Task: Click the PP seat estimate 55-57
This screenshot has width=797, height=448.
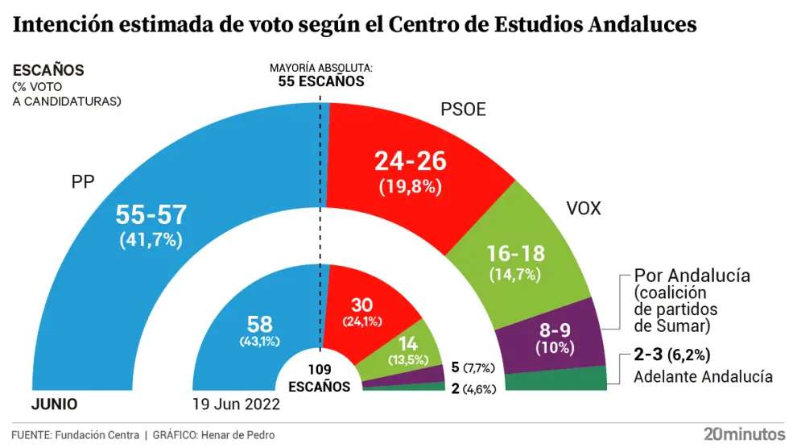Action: pyautogui.click(x=151, y=214)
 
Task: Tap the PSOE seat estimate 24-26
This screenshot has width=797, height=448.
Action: pyautogui.click(x=410, y=162)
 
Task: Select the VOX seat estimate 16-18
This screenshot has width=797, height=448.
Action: pyautogui.click(x=516, y=254)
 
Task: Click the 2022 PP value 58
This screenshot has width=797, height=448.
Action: pyautogui.click(x=258, y=323)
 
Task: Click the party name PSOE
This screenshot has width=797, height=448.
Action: pyautogui.click(x=463, y=109)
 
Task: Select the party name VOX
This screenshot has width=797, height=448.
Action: pyautogui.click(x=584, y=210)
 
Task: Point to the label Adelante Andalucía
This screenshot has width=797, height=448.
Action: pyautogui.click(x=703, y=376)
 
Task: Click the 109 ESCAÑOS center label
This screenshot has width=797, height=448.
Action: pyautogui.click(x=320, y=380)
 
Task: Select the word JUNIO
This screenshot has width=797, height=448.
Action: pyautogui.click(x=54, y=404)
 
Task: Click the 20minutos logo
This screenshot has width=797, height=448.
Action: pyautogui.click(x=744, y=433)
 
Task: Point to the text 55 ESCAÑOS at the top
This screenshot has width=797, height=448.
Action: pyautogui.click(x=321, y=81)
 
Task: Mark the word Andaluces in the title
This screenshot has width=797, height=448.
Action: pyautogui.click(x=642, y=26)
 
